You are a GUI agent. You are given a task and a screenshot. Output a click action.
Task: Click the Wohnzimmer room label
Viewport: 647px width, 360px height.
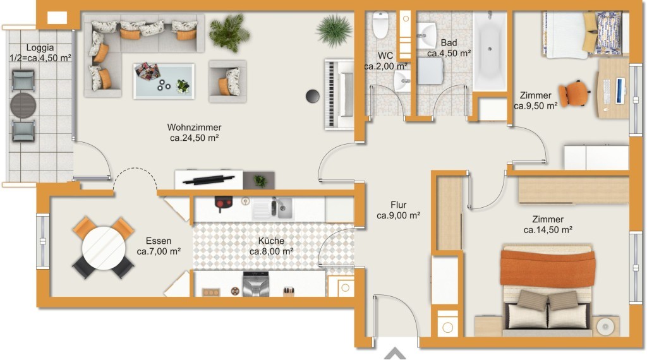194,127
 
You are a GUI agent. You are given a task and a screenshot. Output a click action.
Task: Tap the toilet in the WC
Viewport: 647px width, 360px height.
380,25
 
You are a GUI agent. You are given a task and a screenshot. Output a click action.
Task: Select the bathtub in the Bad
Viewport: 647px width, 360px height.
490,51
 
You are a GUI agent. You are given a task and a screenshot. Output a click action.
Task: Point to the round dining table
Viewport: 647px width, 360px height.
104,248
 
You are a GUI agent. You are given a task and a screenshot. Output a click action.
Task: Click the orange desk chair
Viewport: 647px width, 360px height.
574,93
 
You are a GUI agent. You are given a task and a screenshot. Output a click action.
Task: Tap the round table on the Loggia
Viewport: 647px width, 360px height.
23,105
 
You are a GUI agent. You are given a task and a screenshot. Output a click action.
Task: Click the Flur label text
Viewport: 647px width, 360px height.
399,205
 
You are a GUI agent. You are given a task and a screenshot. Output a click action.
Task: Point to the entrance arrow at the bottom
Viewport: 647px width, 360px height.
395,354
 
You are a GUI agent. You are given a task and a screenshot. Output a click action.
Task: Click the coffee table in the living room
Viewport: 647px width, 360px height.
164,81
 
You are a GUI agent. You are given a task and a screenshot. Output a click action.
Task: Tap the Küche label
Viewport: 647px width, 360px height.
271,241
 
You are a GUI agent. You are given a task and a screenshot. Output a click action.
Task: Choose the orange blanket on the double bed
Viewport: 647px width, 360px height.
548,268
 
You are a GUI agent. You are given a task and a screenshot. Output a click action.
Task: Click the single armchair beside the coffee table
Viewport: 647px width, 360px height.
227,81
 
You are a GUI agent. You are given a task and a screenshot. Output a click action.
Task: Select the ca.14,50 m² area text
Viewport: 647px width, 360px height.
548,230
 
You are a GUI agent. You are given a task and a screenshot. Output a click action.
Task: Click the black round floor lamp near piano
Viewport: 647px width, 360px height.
313,96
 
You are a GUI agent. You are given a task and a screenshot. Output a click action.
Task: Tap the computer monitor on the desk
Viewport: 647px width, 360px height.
620,90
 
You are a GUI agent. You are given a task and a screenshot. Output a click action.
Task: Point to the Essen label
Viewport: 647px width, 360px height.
159,241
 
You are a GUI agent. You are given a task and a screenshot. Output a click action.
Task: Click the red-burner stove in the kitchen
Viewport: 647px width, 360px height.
223,203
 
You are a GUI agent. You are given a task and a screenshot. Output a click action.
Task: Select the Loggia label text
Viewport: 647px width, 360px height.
40,47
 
